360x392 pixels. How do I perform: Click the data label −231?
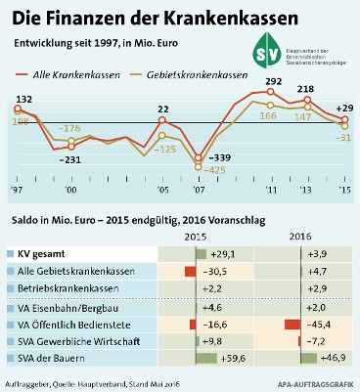(70, 158)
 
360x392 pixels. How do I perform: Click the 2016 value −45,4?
(318, 323)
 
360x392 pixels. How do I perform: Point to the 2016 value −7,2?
(318, 340)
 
